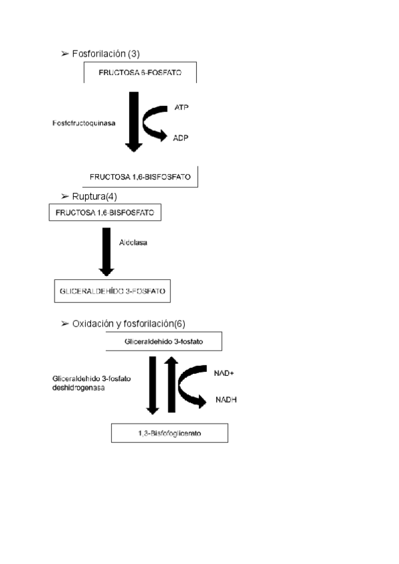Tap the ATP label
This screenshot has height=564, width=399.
[181, 106]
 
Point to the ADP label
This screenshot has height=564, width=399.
[182, 138]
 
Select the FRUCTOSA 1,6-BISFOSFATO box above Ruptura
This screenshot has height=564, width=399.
[140, 177]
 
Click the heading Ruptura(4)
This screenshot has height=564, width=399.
[94, 196]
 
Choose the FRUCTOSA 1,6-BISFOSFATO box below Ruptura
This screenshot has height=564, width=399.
[104, 213]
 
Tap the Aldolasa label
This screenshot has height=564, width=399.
[133, 243]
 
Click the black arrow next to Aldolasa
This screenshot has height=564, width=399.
[106, 251]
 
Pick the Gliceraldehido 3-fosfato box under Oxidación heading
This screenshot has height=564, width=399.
[164, 342]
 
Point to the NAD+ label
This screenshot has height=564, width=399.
[223, 373]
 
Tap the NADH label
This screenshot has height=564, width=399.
[226, 400]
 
